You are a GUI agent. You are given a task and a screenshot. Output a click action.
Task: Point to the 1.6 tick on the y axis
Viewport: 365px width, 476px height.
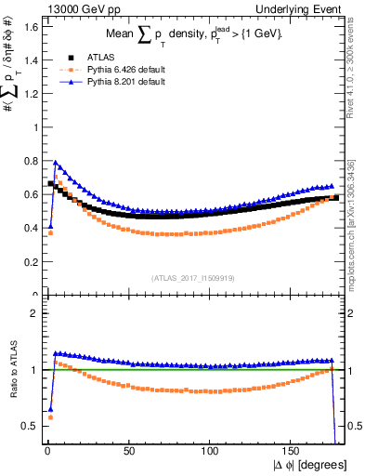tap(26, 27)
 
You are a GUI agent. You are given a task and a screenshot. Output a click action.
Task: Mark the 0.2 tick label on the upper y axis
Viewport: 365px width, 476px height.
tap(26, 262)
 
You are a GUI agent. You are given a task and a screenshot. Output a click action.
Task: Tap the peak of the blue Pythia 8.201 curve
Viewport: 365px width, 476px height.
tap(55, 162)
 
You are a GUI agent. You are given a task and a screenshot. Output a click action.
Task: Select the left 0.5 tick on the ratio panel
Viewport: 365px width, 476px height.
tap(26, 426)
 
